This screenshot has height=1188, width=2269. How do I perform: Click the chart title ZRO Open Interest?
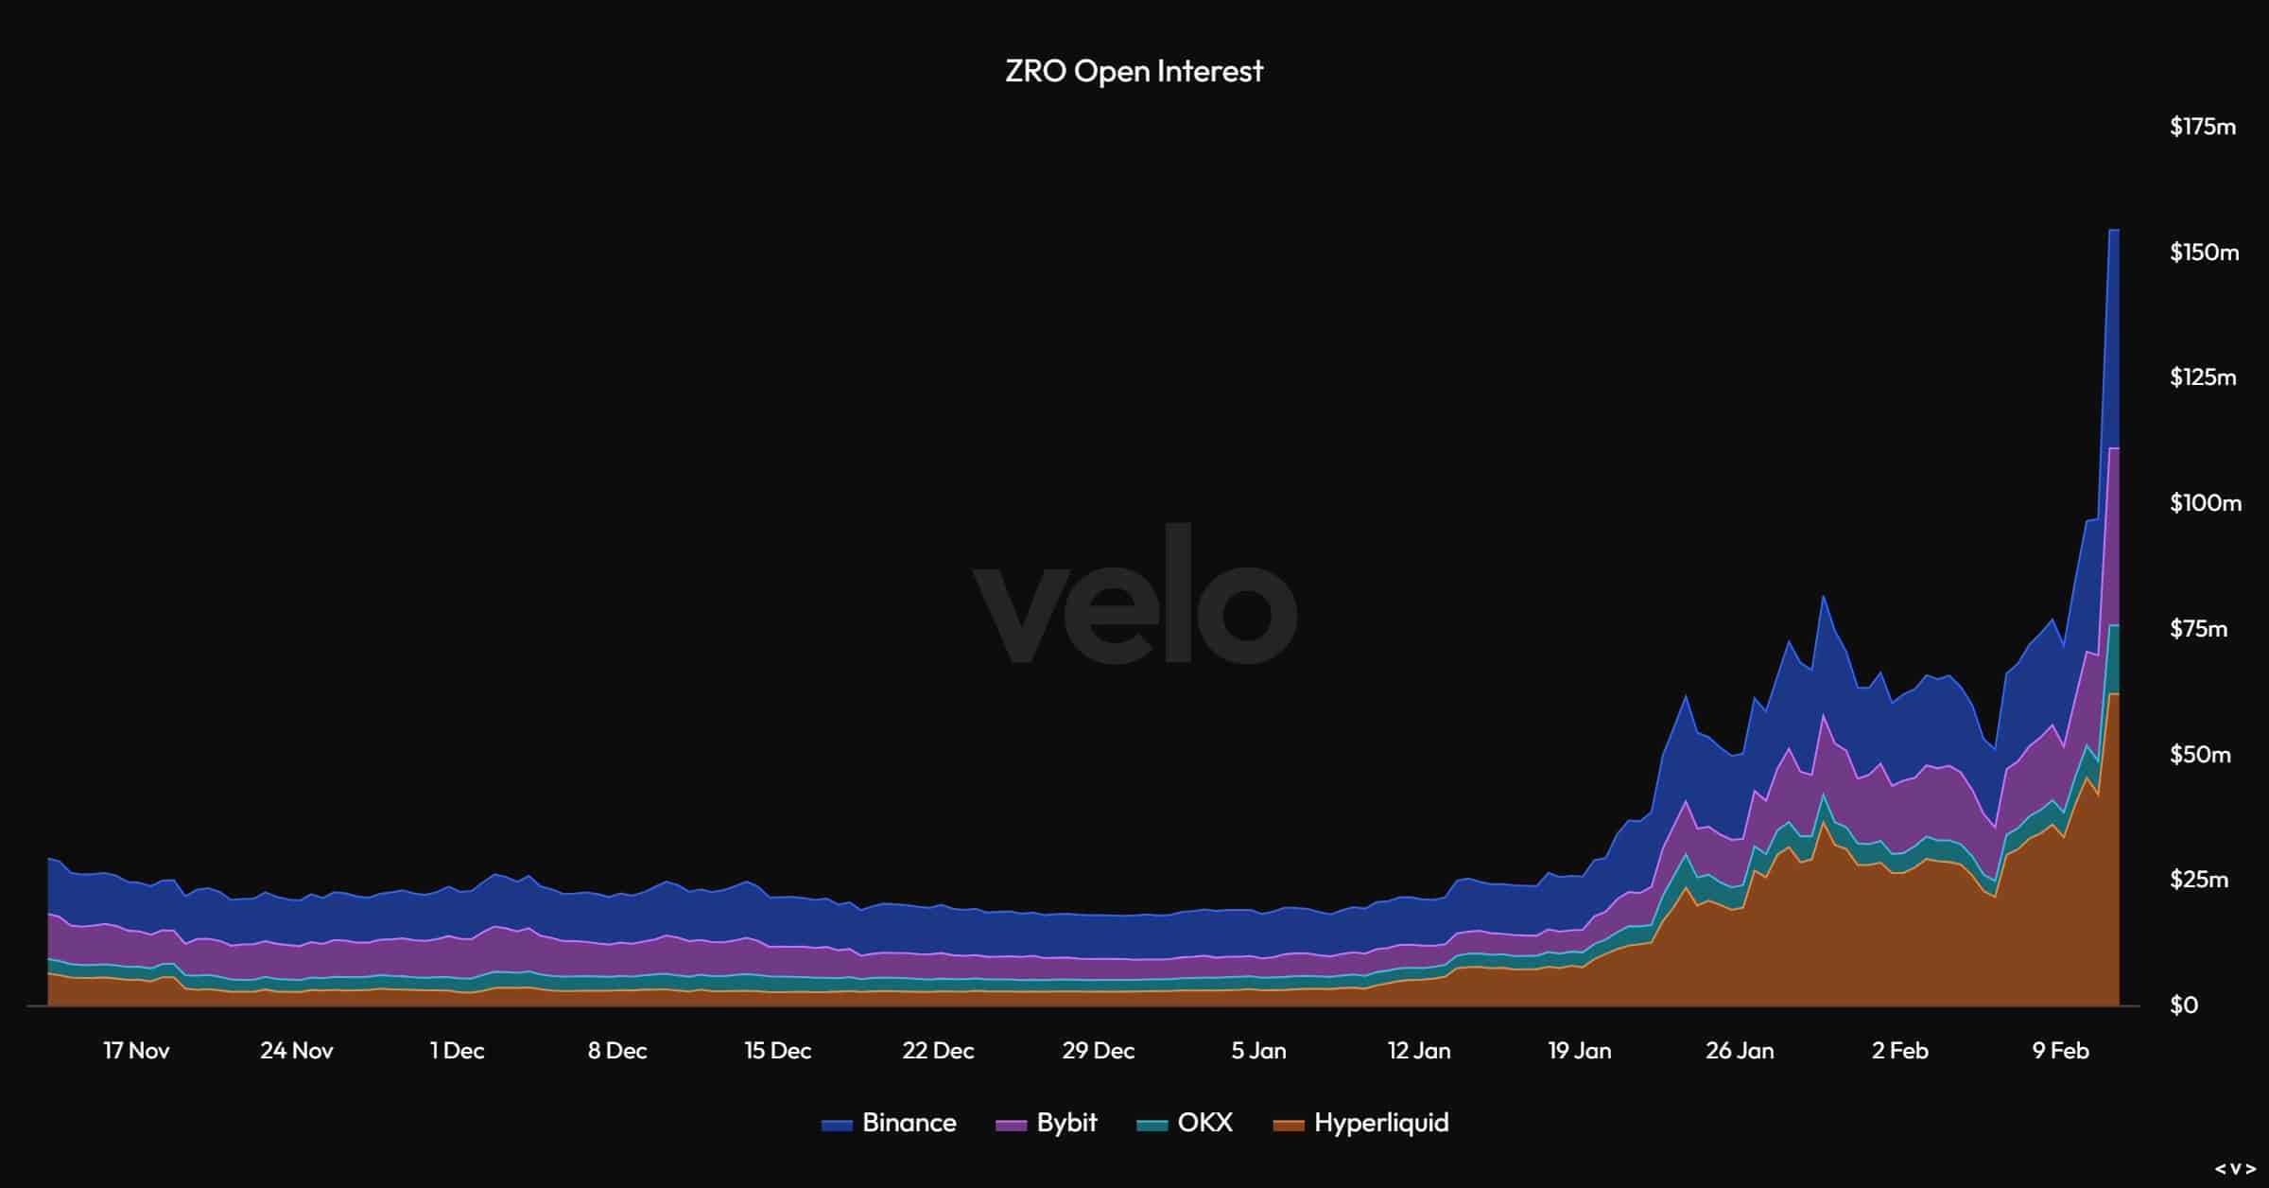click(x=1134, y=71)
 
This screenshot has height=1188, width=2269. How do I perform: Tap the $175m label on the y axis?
click(x=2203, y=127)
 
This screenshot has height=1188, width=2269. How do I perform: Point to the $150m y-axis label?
click(x=2204, y=253)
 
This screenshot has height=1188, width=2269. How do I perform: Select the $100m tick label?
click(x=2205, y=503)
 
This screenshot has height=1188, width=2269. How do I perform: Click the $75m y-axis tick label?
click(x=2198, y=629)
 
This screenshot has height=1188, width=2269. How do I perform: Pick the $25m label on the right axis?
click(x=2198, y=880)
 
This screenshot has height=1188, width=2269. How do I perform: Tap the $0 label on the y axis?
click(x=2184, y=1005)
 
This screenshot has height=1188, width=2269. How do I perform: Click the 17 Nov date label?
click(x=136, y=1051)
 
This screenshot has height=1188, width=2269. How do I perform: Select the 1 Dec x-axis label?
click(x=457, y=1051)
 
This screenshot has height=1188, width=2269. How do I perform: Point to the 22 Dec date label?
click(x=938, y=1051)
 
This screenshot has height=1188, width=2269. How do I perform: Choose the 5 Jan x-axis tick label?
click(x=1258, y=1051)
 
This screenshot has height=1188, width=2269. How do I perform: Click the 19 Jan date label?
click(x=1579, y=1051)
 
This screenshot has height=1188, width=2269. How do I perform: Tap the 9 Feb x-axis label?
click(x=2060, y=1051)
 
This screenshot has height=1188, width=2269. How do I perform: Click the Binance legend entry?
click(x=909, y=1123)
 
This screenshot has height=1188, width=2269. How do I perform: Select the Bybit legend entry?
click(x=1066, y=1123)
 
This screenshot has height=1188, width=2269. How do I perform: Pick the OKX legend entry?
click(x=1204, y=1123)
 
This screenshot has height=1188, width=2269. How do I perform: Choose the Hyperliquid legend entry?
click(x=1380, y=1123)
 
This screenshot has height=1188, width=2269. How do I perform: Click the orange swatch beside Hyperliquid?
click(x=1288, y=1125)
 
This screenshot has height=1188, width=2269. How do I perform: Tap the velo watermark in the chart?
click(x=1134, y=596)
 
